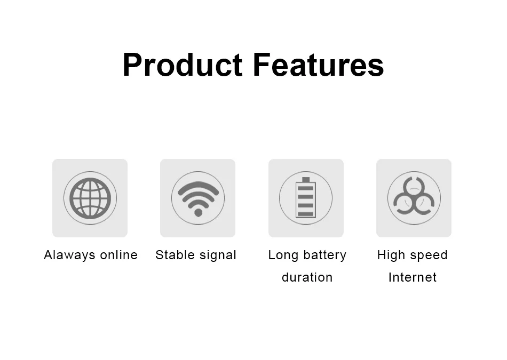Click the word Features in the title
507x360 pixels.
pos(318,66)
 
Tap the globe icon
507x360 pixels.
pos(90,198)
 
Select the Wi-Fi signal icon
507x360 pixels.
pos(198,198)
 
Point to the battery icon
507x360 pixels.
pos(306,198)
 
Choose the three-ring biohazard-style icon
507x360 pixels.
pos(414,198)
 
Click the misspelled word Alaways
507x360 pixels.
pos(67,255)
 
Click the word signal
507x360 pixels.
pos(217,255)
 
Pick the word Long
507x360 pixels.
pos(283,255)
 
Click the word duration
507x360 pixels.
pos(307,277)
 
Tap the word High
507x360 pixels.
pos(391,255)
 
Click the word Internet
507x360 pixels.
pos(413,277)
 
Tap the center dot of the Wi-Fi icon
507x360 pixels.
pos(198,212)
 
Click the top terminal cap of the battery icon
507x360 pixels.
pos(306,180)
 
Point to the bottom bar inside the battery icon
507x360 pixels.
pos(306,214)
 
